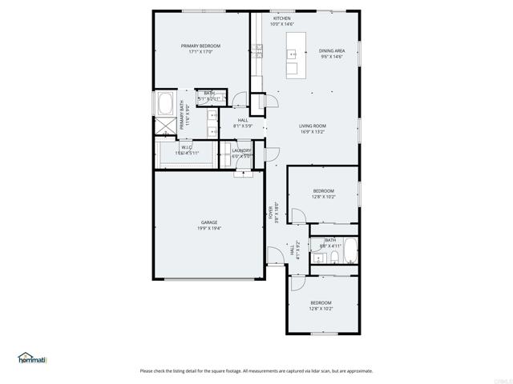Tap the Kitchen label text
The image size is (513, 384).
point(281,18)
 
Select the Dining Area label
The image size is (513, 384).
point(331,50)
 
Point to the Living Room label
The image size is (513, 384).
point(312,126)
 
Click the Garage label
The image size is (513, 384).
point(209,222)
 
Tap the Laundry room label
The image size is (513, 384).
point(241,150)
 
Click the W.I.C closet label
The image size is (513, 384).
point(186,147)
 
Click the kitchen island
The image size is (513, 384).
point(293,55)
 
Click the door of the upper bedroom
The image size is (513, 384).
point(296,215)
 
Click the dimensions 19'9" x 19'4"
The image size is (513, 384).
point(209,228)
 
